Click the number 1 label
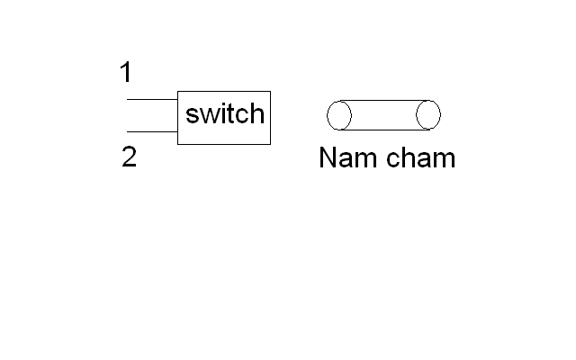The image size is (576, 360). point(126,72)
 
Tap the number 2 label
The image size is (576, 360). point(129,157)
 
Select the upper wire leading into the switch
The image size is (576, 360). point(152,99)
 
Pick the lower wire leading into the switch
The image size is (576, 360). point(152,131)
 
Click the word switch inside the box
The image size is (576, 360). point(225,113)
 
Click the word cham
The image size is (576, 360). point(421,157)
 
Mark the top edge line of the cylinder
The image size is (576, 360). point(384,100)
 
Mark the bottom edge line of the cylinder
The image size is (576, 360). point(384,130)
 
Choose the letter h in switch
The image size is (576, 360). point(257,113)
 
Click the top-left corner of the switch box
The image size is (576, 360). point(178,92)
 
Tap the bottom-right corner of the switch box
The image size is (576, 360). point(270,144)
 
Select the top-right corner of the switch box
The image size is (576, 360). point(270,92)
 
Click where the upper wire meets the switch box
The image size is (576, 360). point(178,99)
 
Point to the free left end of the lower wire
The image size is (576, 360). point(127,131)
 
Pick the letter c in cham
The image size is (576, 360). point(393,160)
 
